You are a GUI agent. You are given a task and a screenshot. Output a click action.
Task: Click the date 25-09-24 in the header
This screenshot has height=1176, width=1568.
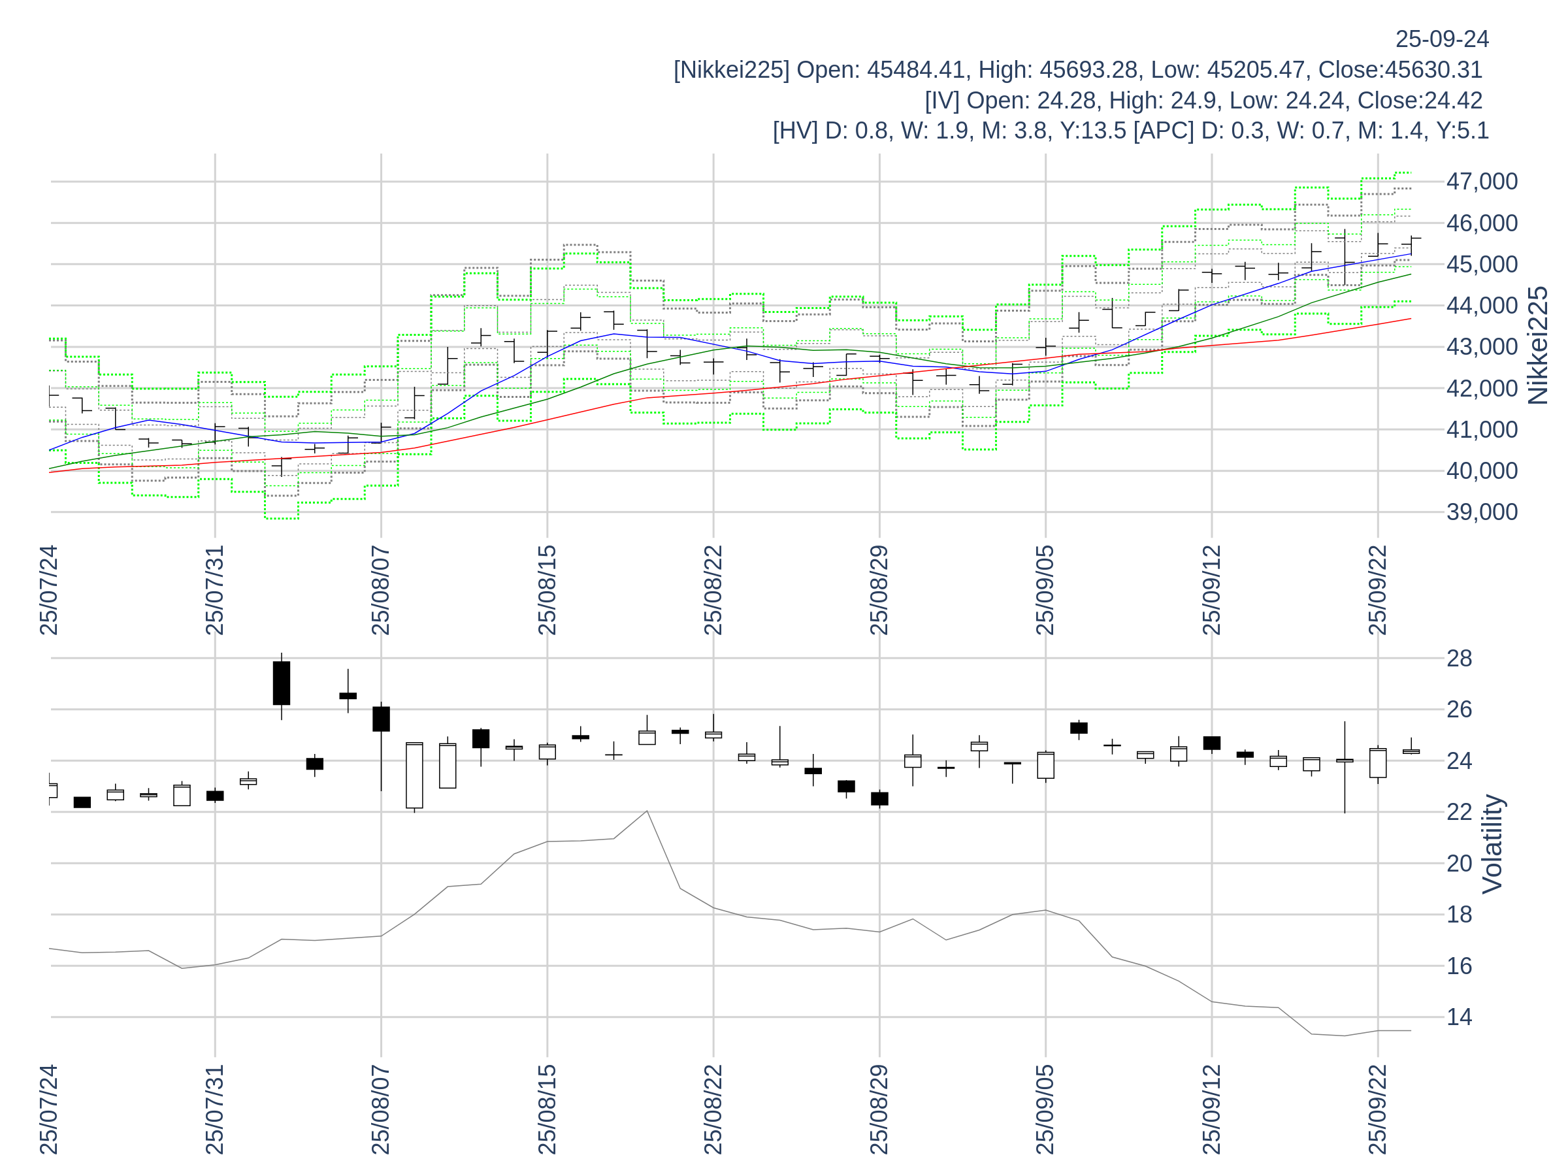[x=1441, y=39]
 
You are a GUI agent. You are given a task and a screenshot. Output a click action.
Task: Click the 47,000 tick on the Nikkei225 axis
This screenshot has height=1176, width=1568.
[x=1482, y=182]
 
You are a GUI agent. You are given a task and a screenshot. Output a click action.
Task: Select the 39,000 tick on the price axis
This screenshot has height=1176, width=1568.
[x=1482, y=512]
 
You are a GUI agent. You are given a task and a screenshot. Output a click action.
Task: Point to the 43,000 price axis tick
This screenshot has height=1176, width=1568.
[x=1482, y=347]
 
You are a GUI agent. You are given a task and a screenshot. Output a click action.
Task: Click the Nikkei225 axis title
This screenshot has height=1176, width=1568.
[x=1537, y=346]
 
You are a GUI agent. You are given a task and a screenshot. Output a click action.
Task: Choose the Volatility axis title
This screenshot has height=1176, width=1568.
[x=1492, y=843]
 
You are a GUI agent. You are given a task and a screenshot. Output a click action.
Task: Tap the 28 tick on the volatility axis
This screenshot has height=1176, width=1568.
[x=1459, y=659]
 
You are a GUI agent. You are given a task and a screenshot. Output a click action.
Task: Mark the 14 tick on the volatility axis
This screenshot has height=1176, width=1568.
[x=1459, y=1017]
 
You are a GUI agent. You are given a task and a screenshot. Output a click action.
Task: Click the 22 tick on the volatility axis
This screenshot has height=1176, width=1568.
[x=1459, y=811]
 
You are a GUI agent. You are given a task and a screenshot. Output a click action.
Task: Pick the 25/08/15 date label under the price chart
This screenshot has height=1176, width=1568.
[x=547, y=591]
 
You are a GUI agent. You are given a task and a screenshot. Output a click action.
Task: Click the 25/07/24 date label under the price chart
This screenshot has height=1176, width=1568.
[x=48, y=591]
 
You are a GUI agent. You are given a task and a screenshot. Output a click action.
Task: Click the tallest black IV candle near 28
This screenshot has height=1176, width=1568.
[x=282, y=683]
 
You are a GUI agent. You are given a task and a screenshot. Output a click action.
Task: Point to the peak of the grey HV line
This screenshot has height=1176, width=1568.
[x=647, y=811]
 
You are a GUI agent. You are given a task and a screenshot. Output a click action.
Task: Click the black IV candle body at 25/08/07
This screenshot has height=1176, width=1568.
[x=382, y=719]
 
